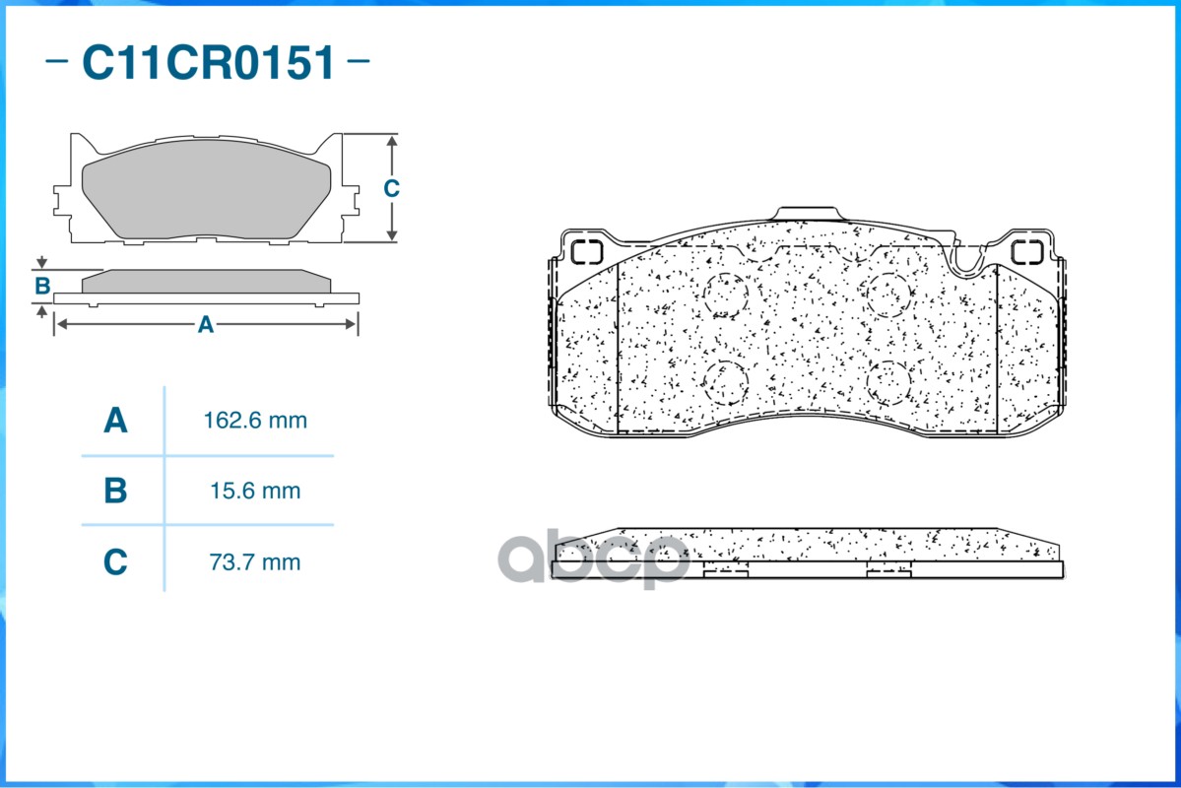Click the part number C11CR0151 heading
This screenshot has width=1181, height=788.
[x=208, y=62]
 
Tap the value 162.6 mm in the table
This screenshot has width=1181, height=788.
[x=255, y=421]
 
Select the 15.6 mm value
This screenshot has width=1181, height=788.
[x=255, y=492]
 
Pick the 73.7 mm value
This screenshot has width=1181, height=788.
[x=255, y=562]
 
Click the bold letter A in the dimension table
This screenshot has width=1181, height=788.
[x=115, y=421]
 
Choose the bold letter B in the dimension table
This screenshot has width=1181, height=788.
[x=115, y=491]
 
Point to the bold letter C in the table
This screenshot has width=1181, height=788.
[x=115, y=562]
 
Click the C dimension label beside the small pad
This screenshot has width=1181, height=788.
[x=391, y=187]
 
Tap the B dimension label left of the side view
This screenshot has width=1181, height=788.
[x=42, y=287]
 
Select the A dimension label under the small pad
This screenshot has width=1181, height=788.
[x=206, y=325]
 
